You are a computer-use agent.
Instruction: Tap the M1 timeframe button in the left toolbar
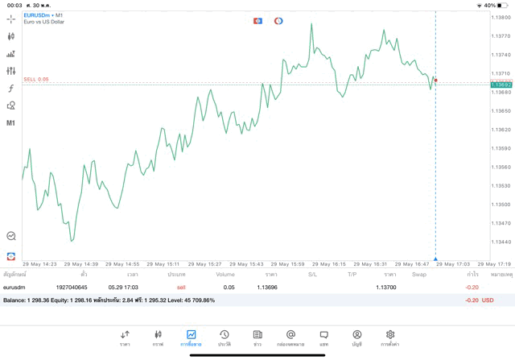click(x=11, y=123)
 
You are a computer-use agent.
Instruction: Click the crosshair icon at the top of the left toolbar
click(x=11, y=19)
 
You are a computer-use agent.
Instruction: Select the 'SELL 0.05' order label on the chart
click(x=36, y=79)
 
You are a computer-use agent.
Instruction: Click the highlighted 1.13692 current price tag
click(x=501, y=85)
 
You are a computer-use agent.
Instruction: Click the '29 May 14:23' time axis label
click(x=39, y=264)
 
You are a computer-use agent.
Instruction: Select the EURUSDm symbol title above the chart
click(x=39, y=14)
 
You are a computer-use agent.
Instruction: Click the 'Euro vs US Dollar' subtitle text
click(x=44, y=22)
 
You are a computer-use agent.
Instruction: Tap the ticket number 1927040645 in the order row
click(x=72, y=287)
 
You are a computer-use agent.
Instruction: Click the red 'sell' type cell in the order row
click(x=181, y=287)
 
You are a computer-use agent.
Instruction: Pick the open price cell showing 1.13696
click(x=267, y=287)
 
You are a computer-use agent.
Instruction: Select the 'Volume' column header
click(x=225, y=275)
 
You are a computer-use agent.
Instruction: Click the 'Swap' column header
click(x=419, y=275)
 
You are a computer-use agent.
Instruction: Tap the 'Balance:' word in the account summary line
click(x=14, y=300)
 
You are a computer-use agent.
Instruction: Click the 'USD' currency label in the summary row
click(x=487, y=300)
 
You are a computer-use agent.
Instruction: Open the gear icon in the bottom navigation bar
click(x=390, y=334)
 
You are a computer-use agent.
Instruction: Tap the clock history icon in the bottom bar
click(x=225, y=334)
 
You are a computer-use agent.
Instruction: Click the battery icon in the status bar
click(x=503, y=5)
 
